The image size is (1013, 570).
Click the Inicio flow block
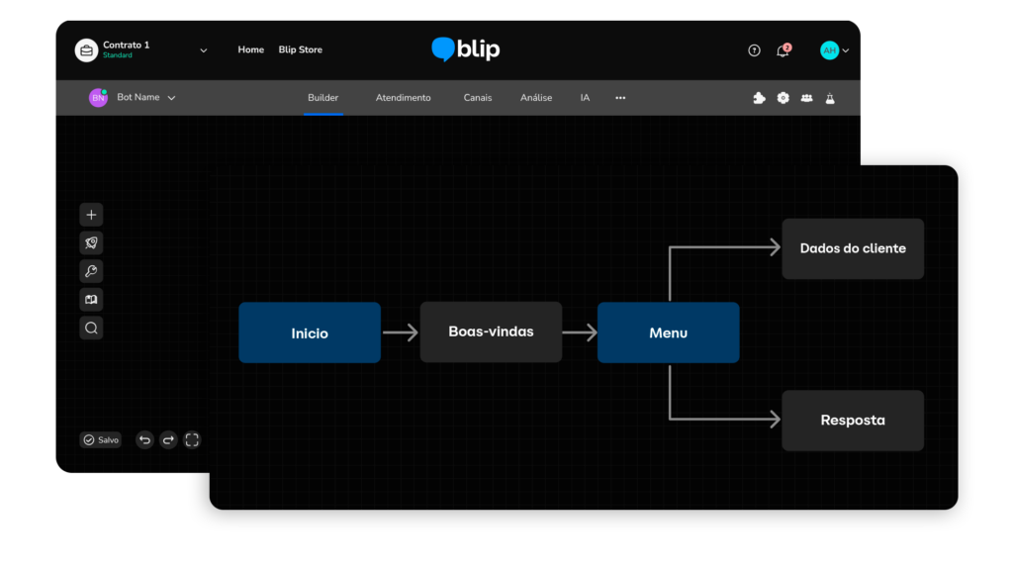coord(310,332)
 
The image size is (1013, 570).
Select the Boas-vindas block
coord(491,332)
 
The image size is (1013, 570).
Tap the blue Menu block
coord(668,332)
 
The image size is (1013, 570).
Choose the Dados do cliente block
coord(853,248)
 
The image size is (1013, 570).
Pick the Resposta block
coord(853,420)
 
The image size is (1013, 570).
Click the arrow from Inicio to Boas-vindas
coord(401,332)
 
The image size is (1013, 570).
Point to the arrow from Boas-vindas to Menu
coord(580,332)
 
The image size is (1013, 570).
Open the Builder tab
coord(322,98)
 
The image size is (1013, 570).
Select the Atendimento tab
coord(403,98)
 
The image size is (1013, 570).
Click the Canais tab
coord(478,98)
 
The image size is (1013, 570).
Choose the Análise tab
coord(536,98)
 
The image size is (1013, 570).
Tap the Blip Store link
coord(300,49)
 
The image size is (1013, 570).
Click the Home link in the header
coord(251,49)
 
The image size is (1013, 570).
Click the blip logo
coord(466,49)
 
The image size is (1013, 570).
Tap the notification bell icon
coord(783,50)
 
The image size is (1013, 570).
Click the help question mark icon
coord(754,50)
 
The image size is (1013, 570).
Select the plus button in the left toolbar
coord(91,215)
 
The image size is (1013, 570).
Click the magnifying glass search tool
coord(91,328)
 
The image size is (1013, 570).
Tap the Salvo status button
coord(101,440)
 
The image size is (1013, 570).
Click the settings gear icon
coord(783,98)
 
